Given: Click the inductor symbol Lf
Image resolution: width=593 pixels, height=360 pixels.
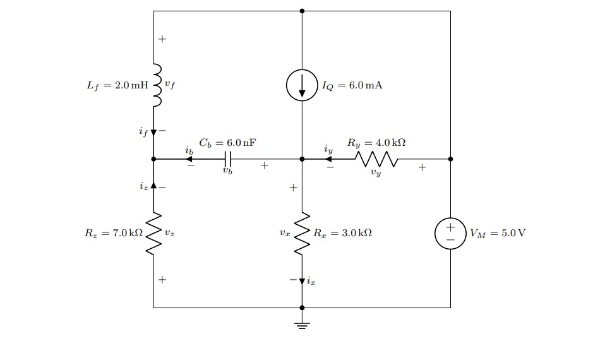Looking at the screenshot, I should pyautogui.click(x=156, y=85).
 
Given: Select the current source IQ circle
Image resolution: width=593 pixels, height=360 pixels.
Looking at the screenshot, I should pyautogui.click(x=302, y=85).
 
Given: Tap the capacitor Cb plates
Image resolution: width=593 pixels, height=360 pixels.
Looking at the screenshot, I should pyautogui.click(x=228, y=159).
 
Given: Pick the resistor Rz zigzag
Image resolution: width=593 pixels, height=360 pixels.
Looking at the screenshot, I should pyautogui.click(x=153, y=233).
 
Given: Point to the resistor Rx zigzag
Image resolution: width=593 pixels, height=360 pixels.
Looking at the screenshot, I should pyautogui.click(x=302, y=233).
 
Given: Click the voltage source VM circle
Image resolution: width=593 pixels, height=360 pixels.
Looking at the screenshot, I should pyautogui.click(x=450, y=233).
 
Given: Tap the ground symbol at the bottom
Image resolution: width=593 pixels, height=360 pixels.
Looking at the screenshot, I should pyautogui.click(x=302, y=325).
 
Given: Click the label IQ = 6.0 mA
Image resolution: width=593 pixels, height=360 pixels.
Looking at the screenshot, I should pyautogui.click(x=352, y=85).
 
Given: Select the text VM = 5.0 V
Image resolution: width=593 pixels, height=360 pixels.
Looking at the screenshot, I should pyautogui.click(x=497, y=233).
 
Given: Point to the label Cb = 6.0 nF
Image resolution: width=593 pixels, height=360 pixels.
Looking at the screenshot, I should pyautogui.click(x=228, y=143).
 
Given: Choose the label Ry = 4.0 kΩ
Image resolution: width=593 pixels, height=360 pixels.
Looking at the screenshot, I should pyautogui.click(x=376, y=143).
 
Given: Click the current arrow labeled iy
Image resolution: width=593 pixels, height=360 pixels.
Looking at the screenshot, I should pyautogui.click(x=328, y=159).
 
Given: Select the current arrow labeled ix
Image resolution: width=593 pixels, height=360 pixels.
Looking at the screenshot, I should pyautogui.click(x=302, y=280).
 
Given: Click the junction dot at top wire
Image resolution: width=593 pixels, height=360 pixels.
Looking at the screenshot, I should pyautogui.click(x=302, y=11).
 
